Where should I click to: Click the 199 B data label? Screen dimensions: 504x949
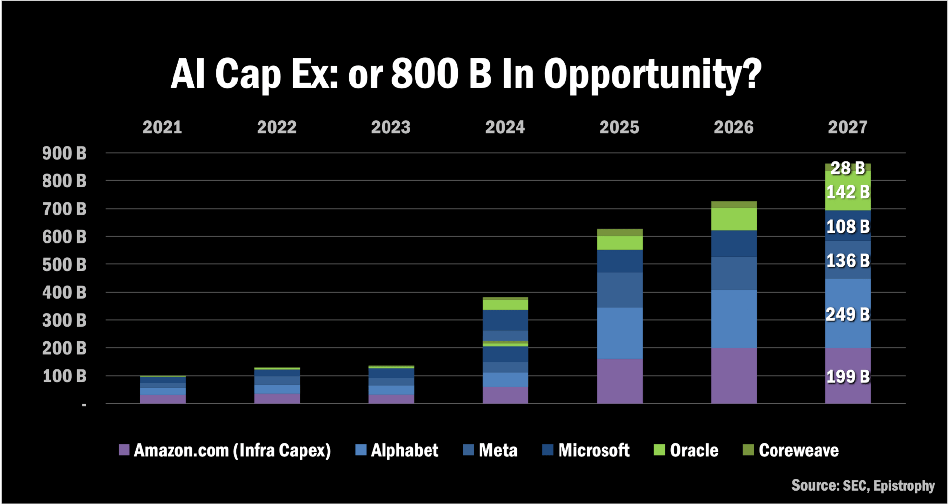click(848, 377)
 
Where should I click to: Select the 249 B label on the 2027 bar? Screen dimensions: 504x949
click(848, 314)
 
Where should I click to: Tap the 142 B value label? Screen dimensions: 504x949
click(848, 192)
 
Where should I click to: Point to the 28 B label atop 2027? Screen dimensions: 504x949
click(848, 168)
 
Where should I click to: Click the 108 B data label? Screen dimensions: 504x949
click(848, 227)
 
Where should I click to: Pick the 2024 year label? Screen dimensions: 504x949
click(505, 127)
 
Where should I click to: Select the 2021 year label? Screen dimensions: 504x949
click(162, 127)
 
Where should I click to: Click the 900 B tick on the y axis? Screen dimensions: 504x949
click(64, 153)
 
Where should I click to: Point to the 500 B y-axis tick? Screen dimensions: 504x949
click(64, 265)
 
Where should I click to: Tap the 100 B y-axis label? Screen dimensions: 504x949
click(64, 377)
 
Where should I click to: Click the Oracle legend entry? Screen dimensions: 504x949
click(686, 450)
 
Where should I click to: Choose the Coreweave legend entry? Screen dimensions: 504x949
click(791, 450)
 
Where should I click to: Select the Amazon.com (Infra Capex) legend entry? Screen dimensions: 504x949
click(225, 450)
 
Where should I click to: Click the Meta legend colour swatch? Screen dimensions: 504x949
click(469, 450)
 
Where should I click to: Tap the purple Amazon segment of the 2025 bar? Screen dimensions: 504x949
click(619, 381)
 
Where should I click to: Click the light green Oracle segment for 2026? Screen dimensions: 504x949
click(734, 219)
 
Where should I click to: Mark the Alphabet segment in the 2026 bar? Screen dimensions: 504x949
click(734, 319)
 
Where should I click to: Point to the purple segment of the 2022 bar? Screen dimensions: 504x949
click(277, 398)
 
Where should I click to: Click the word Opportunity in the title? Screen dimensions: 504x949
click(652, 74)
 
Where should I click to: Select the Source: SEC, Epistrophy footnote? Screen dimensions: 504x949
click(863, 486)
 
